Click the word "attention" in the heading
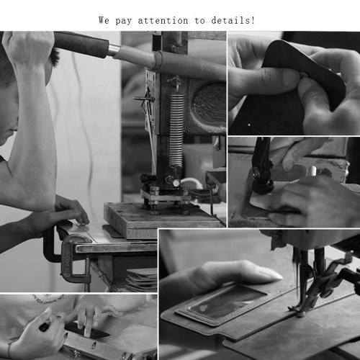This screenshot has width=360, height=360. [163, 21]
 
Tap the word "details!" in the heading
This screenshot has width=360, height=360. [233, 20]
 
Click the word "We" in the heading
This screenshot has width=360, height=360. [104, 20]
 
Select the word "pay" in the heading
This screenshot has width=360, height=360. [124, 22]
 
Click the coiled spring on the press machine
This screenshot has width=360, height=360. [176, 131]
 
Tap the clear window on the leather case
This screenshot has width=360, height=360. [228, 302]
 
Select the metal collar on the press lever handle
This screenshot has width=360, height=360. [114, 51]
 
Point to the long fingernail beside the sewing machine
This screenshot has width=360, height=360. [268, 274]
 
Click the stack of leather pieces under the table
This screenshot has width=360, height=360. [142, 279]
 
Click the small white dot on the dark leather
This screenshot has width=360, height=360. [249, 125]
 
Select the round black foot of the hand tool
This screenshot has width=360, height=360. [262, 186]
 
